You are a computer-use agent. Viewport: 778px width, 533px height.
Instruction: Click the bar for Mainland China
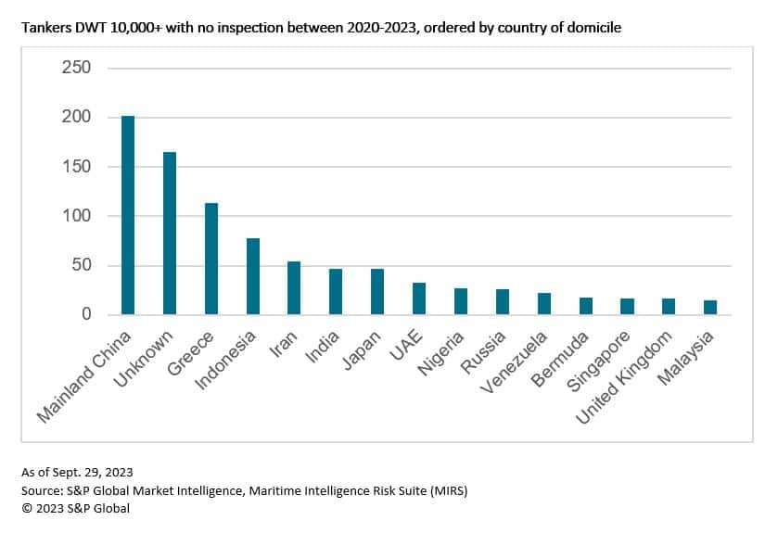click(x=128, y=215)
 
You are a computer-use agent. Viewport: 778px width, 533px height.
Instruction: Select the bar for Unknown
click(x=170, y=233)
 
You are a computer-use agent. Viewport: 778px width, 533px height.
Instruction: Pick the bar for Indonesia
click(x=253, y=276)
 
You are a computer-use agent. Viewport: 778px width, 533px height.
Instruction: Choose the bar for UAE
click(x=419, y=298)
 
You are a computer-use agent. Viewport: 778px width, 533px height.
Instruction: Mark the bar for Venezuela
click(x=544, y=304)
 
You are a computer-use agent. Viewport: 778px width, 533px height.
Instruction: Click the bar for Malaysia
click(x=710, y=307)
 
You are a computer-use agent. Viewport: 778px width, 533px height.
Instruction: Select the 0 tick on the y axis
click(x=85, y=315)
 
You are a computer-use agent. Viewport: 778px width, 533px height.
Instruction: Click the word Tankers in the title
click(x=45, y=29)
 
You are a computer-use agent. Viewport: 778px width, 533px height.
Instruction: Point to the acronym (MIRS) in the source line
click(x=446, y=491)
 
